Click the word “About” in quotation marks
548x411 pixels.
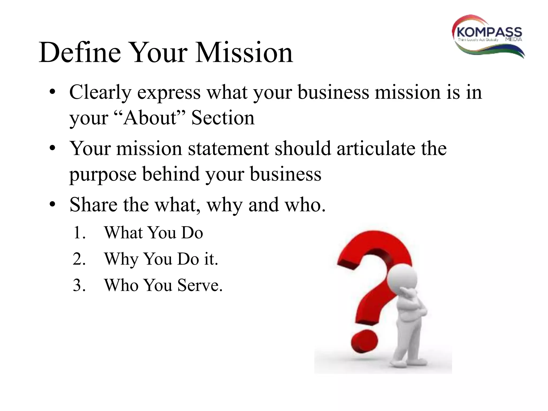point(150,118)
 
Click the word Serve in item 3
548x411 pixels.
point(200,285)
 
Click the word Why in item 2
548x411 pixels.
point(121,259)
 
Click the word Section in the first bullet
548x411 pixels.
point(223,118)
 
